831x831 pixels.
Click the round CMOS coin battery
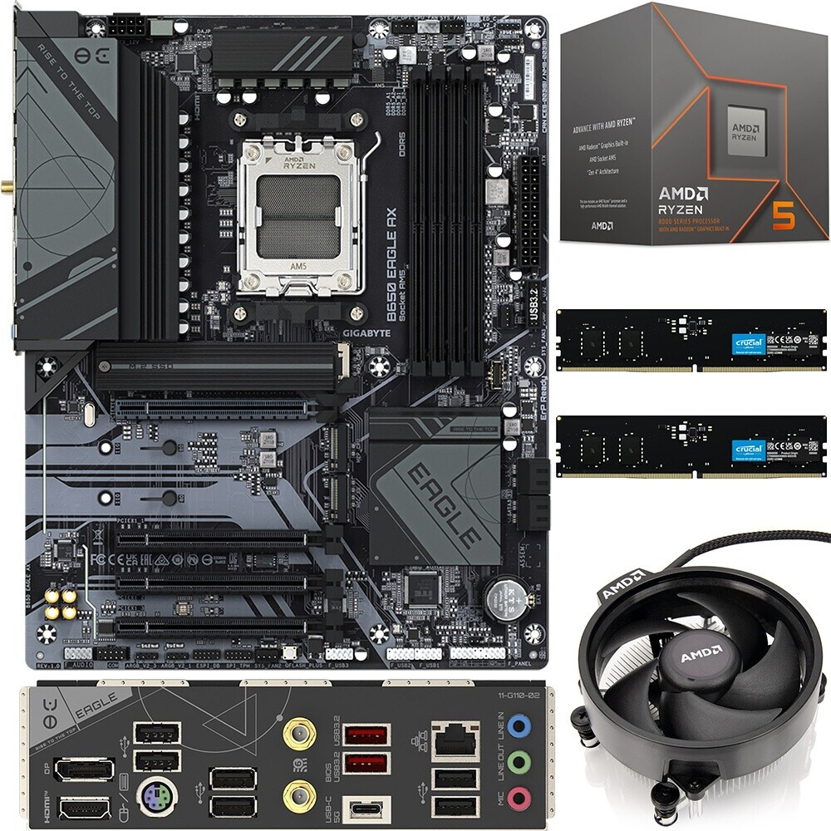(x=504, y=597)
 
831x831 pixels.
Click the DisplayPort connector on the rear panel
(x=85, y=769)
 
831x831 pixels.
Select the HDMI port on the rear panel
(x=85, y=807)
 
